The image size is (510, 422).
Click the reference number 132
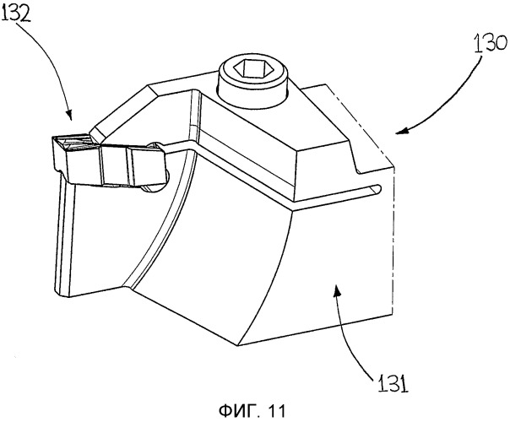(16, 13)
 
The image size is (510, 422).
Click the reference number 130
(491, 44)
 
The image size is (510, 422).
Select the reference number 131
(393, 383)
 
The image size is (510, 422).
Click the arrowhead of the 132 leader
(69, 116)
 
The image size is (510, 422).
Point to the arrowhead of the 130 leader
(401, 132)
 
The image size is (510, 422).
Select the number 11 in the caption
(277, 411)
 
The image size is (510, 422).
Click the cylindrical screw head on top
(253, 84)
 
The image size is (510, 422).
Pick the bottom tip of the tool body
(236, 344)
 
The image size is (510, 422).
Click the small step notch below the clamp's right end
(357, 167)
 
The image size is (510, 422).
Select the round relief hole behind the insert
(159, 166)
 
